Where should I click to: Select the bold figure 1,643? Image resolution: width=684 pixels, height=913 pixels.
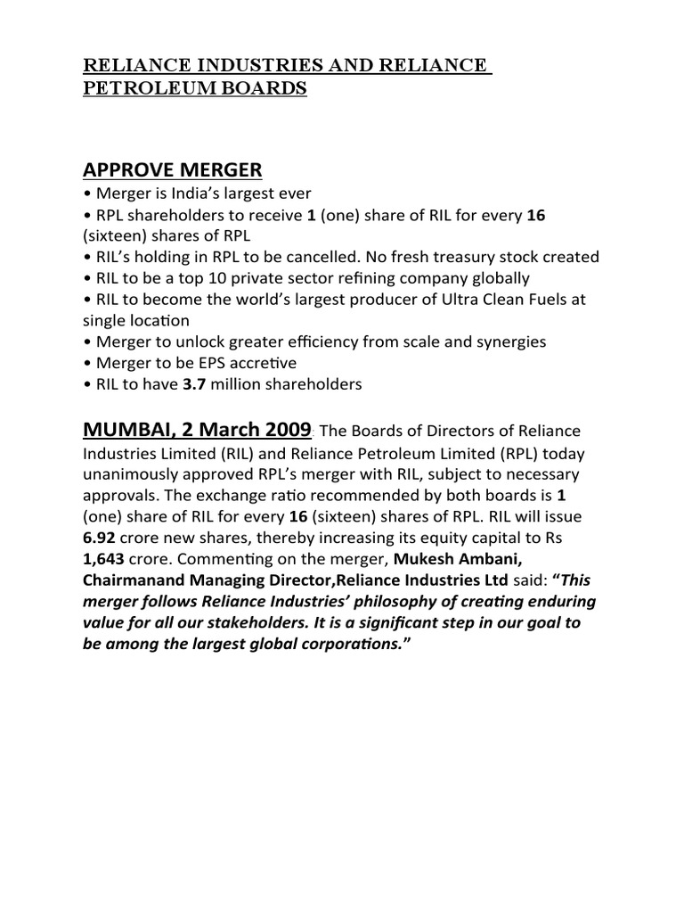click(107, 559)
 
